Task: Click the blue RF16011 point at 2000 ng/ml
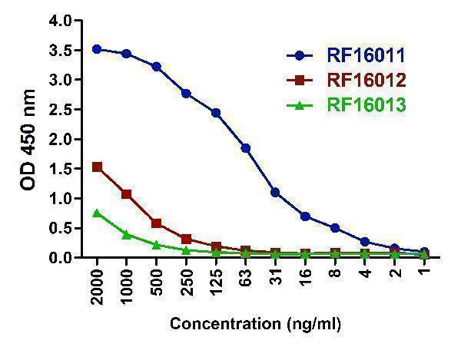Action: coord(96,49)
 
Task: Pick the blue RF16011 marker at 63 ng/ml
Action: coord(245,147)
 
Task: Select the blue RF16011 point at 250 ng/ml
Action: coord(186,93)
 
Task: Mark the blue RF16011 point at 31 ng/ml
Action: coord(275,192)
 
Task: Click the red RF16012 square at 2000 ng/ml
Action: coord(96,167)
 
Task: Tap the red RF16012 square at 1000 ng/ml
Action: coord(126,194)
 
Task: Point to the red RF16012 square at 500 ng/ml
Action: coord(156,223)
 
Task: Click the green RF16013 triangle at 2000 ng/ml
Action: coord(96,213)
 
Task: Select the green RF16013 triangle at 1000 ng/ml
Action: coord(126,234)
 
